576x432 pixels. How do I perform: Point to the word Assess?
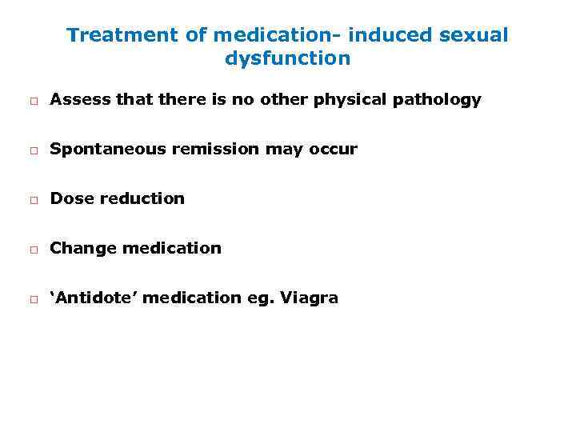[x=76, y=99]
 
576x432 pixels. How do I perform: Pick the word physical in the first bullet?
[x=351, y=100]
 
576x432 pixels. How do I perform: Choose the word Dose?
[x=71, y=198]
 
